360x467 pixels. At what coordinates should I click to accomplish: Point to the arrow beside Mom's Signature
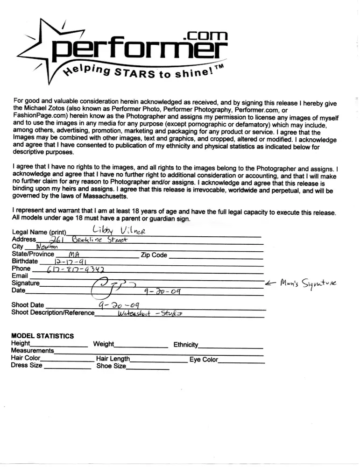tap(271, 283)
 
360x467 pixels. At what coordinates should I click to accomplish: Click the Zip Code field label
tap(154, 255)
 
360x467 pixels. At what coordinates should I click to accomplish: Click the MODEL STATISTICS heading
tap(42, 336)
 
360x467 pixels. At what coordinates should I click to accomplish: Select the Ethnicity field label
tap(185, 345)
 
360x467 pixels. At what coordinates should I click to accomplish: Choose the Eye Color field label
tap(204, 360)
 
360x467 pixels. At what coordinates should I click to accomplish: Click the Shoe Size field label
tap(111, 367)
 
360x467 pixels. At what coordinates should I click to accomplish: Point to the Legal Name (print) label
tap(39, 233)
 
